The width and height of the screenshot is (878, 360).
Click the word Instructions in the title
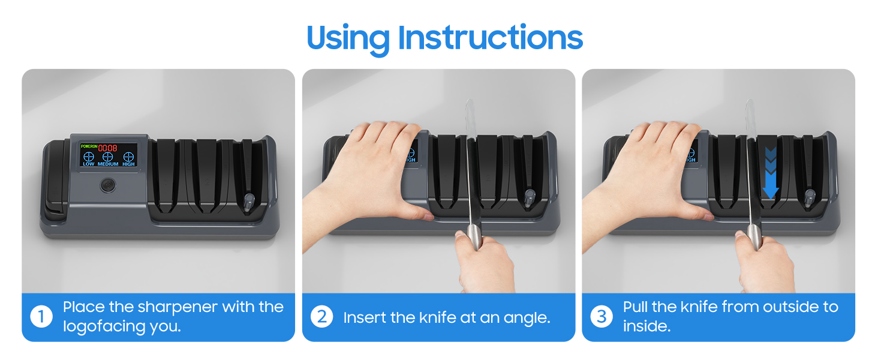(490, 38)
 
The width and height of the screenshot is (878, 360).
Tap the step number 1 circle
(41, 317)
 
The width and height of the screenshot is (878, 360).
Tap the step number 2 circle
(321, 317)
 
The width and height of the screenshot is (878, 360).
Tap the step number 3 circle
(602, 317)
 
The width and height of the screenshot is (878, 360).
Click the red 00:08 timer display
(108, 148)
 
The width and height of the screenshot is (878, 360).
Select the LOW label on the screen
(89, 164)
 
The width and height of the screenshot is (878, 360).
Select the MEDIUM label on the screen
(108, 164)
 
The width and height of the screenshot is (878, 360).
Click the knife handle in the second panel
(473, 237)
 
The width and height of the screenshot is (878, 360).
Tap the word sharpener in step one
(178, 307)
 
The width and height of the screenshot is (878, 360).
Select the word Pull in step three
(636, 307)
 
